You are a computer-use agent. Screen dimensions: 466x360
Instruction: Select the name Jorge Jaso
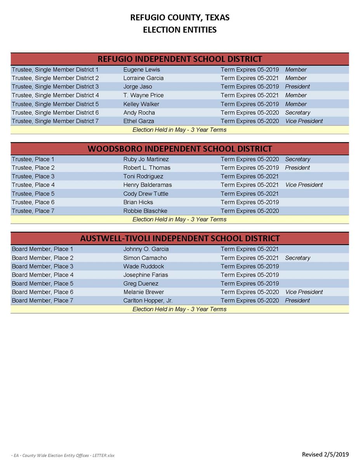(137, 87)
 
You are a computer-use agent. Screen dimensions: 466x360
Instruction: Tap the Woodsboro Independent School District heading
(179, 149)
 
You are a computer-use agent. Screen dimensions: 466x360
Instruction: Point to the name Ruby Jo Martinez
(146, 159)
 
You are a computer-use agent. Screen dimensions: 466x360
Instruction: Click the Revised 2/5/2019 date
(325, 454)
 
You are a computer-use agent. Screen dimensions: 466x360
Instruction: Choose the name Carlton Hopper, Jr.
(148, 301)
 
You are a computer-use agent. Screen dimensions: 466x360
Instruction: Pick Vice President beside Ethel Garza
(304, 121)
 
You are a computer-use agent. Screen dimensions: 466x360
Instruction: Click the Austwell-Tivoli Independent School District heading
(179, 238)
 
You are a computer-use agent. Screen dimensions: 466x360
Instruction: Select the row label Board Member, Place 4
(42, 275)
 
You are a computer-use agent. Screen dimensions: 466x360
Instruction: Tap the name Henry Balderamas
(147, 185)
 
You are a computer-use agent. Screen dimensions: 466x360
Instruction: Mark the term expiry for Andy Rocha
(250, 113)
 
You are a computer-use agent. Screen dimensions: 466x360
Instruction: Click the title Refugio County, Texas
(179, 17)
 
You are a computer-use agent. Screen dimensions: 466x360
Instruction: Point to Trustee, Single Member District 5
(55, 104)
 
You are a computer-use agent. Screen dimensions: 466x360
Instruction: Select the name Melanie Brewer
(143, 292)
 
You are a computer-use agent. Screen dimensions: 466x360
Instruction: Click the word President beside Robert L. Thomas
(297, 168)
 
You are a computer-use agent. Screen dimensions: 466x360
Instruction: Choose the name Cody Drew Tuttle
(146, 194)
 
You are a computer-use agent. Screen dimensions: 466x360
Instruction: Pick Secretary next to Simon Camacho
(297, 258)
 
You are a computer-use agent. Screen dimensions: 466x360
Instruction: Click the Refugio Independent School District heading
(179, 59)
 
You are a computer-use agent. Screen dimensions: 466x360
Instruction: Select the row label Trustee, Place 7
(33, 211)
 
